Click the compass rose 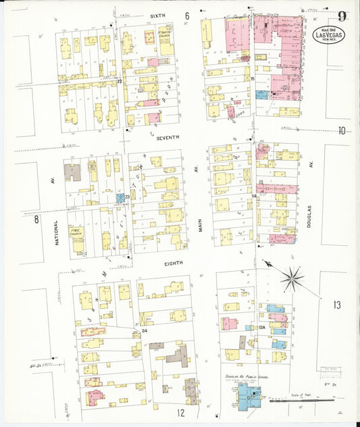(292, 277)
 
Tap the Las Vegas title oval (329, 34)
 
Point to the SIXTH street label (158, 14)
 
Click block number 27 (119, 82)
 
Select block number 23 (126, 197)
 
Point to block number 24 (145, 331)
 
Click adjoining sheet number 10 (342, 130)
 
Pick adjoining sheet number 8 (37, 219)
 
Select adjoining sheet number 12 (181, 412)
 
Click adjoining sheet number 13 (336, 305)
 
